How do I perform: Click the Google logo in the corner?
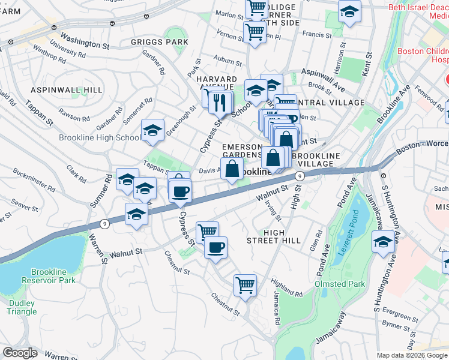coord(20,353)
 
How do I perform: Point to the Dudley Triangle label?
coord(22,307)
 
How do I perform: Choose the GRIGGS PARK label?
coord(160,43)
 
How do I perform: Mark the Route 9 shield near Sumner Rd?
coord(105,224)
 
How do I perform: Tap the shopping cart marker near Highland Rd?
coord(245,285)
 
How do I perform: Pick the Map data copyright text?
coord(411,355)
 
